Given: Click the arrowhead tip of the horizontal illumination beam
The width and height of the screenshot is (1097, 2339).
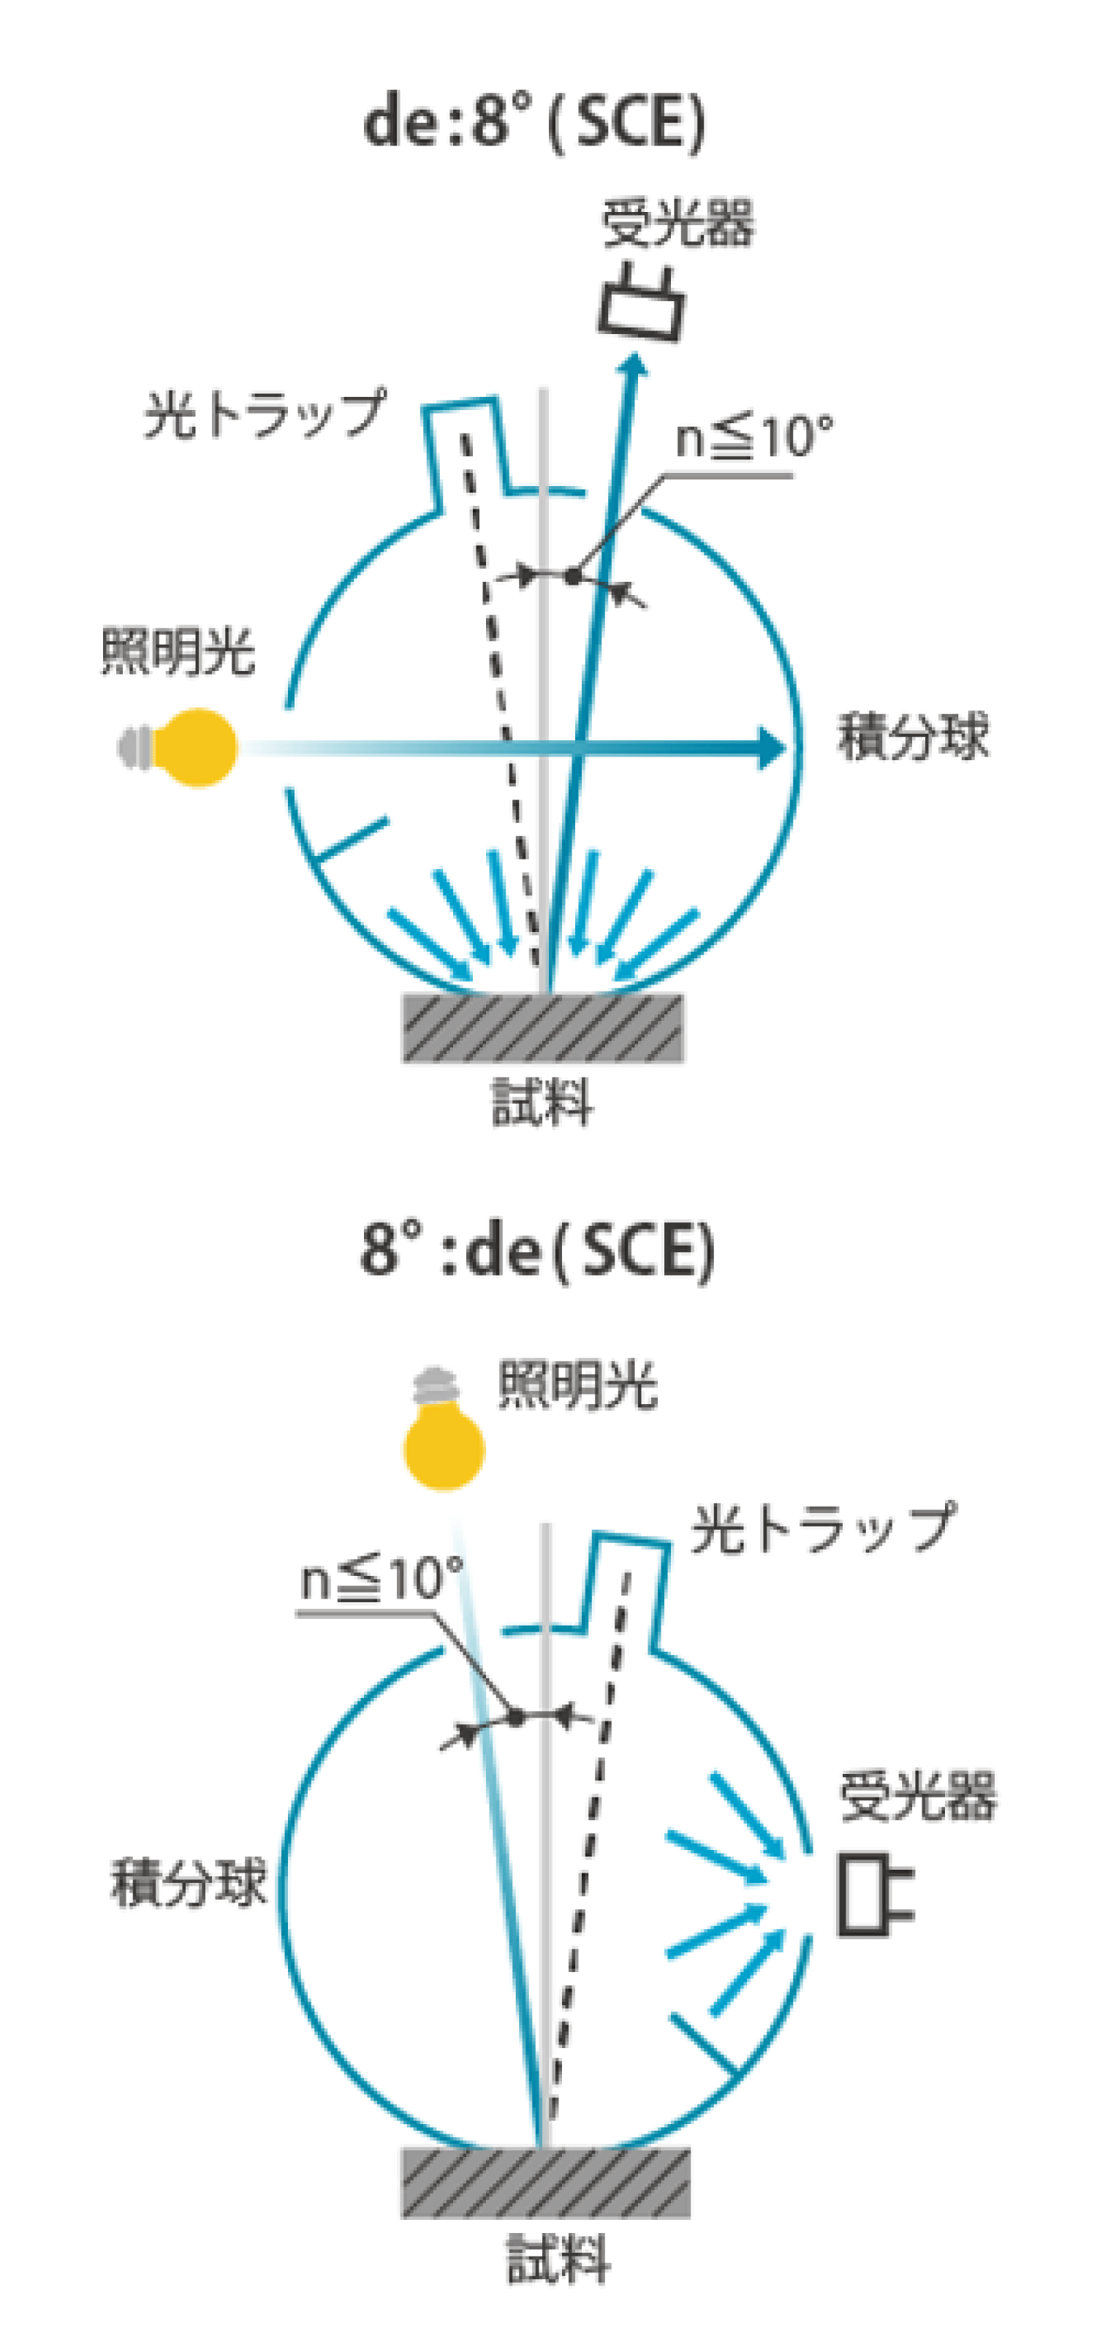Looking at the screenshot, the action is coord(786,747).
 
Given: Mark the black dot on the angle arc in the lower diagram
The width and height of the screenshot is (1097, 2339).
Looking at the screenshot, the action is coord(516,1717).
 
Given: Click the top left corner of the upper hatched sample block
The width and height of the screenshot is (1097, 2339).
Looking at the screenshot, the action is coord(403,994).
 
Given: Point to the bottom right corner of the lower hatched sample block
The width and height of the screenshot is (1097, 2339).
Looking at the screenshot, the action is coord(689,2216).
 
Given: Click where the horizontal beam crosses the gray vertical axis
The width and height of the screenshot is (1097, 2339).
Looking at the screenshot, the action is coord(543,747).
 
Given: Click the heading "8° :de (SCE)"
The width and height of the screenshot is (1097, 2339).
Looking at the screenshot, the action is coord(538,1251).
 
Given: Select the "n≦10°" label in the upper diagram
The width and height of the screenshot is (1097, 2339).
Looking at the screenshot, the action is coord(754,437).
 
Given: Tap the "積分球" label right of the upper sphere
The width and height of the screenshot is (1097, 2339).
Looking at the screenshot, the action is coord(913,736).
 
